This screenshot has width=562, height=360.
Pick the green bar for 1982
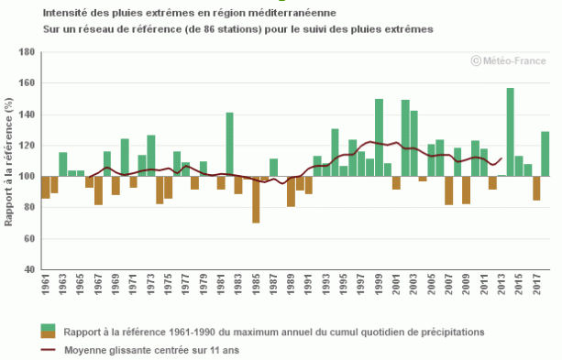229,144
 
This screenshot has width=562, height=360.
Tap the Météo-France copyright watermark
510,60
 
